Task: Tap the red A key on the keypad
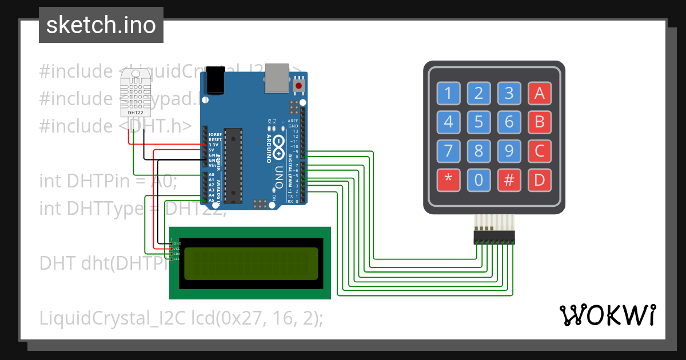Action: pos(539,93)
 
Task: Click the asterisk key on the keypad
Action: pos(448,180)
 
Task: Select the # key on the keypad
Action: pos(509,180)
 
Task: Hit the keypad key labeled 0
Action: pos(478,180)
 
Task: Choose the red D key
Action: pos(539,180)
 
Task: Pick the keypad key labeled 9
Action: pos(509,151)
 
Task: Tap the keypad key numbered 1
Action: pos(448,93)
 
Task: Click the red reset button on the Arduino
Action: pos(298,86)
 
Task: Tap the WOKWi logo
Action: pos(607,315)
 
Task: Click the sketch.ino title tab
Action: pos(101,25)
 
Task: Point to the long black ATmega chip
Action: pos(233,166)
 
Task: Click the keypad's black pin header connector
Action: pos(494,237)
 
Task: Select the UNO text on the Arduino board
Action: pos(278,177)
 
